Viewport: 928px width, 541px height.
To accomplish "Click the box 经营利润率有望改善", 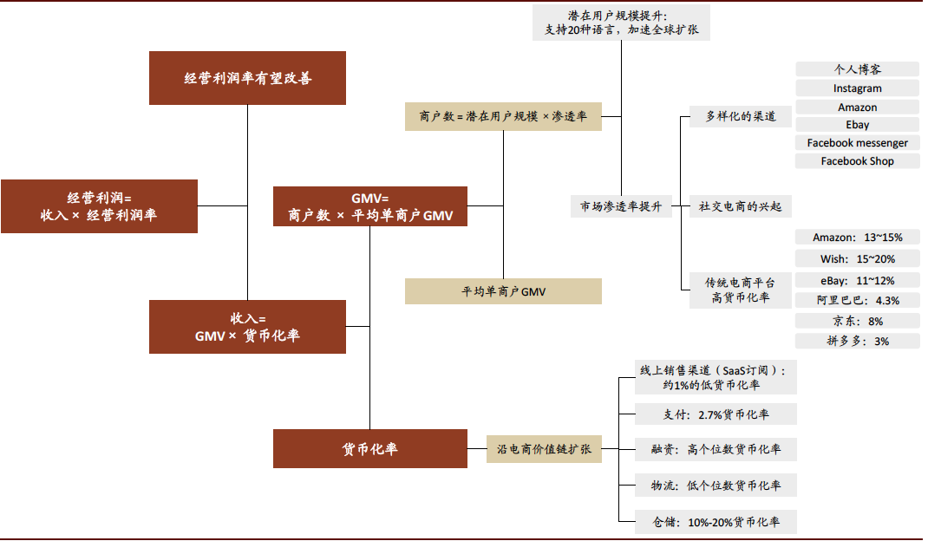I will (x=247, y=78).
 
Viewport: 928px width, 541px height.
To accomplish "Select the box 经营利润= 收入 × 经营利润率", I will (x=99, y=206).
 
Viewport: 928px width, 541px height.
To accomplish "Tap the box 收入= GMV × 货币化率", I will (x=247, y=327).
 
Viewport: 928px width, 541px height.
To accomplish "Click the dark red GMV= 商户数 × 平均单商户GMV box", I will (x=370, y=206).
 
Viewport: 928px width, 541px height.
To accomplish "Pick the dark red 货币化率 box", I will (x=370, y=449).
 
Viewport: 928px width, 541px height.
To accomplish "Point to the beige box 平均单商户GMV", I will (x=503, y=291).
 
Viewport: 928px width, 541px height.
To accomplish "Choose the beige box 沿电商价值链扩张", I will (x=544, y=449).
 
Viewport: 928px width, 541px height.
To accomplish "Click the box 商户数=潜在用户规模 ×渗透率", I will (x=503, y=115).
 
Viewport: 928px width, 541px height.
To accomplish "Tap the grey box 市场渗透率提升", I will (x=621, y=206).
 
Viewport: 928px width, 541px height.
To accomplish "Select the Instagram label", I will (x=857, y=88).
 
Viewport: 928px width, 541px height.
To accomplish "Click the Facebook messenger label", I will (x=857, y=143).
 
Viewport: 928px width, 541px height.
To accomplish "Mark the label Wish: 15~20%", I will (x=857, y=258).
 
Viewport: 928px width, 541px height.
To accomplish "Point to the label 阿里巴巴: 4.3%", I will (x=857, y=300).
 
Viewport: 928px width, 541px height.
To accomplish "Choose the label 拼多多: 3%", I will (x=857, y=341).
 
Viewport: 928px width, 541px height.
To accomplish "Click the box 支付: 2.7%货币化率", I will (x=716, y=414).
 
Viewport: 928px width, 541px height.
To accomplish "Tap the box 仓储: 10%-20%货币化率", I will (x=716, y=522).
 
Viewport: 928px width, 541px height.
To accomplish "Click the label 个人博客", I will (x=857, y=69).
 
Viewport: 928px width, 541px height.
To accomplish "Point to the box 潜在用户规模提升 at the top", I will (x=621, y=22).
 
